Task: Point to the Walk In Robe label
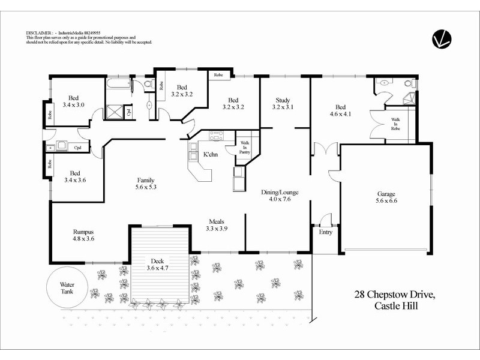395,124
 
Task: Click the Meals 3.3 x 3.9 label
217,224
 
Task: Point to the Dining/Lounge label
280,196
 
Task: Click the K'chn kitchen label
210,155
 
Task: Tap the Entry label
325,232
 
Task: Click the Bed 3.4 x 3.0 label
74,101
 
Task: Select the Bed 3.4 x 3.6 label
74,175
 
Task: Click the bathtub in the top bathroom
119,86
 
